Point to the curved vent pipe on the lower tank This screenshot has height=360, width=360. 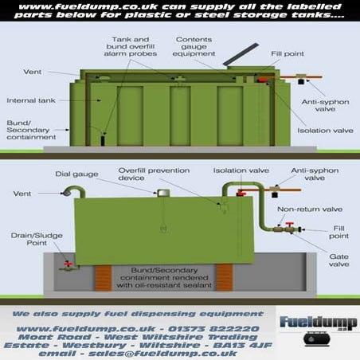[x=74, y=190]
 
